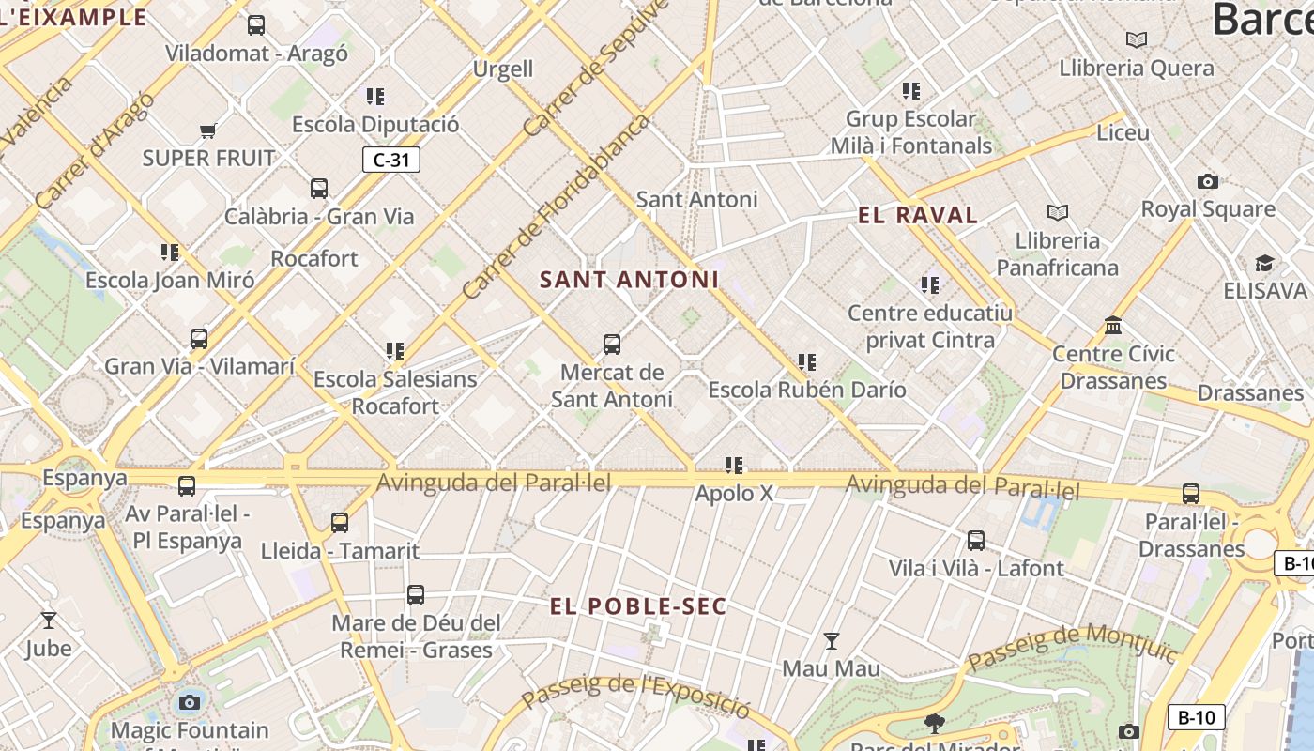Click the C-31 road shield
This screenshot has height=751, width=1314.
(x=390, y=160)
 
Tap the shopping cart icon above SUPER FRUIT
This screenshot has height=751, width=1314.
(x=207, y=130)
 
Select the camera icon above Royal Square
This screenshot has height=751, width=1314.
(x=1208, y=181)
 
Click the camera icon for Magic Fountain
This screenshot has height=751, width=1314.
(x=190, y=702)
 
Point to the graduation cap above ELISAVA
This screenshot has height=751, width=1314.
(x=1264, y=263)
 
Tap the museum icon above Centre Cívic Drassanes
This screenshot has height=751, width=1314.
(x=1113, y=326)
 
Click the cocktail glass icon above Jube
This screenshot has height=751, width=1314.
(x=49, y=620)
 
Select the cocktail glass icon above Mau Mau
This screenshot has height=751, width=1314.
(x=831, y=641)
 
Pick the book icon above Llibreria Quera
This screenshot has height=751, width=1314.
(x=1137, y=40)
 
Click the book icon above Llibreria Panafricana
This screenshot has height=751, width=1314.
(x=1058, y=212)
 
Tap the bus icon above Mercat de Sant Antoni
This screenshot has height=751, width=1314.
(x=612, y=345)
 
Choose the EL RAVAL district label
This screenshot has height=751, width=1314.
(x=918, y=215)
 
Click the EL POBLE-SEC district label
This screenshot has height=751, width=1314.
(x=638, y=606)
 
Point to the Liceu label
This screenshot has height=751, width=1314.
(x=1123, y=132)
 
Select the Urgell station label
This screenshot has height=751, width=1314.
(x=503, y=69)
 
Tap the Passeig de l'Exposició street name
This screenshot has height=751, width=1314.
(x=635, y=696)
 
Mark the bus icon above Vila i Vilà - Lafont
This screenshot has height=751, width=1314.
(x=976, y=541)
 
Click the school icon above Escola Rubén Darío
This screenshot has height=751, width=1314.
(x=806, y=361)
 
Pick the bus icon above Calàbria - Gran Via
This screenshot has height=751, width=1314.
(x=319, y=189)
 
